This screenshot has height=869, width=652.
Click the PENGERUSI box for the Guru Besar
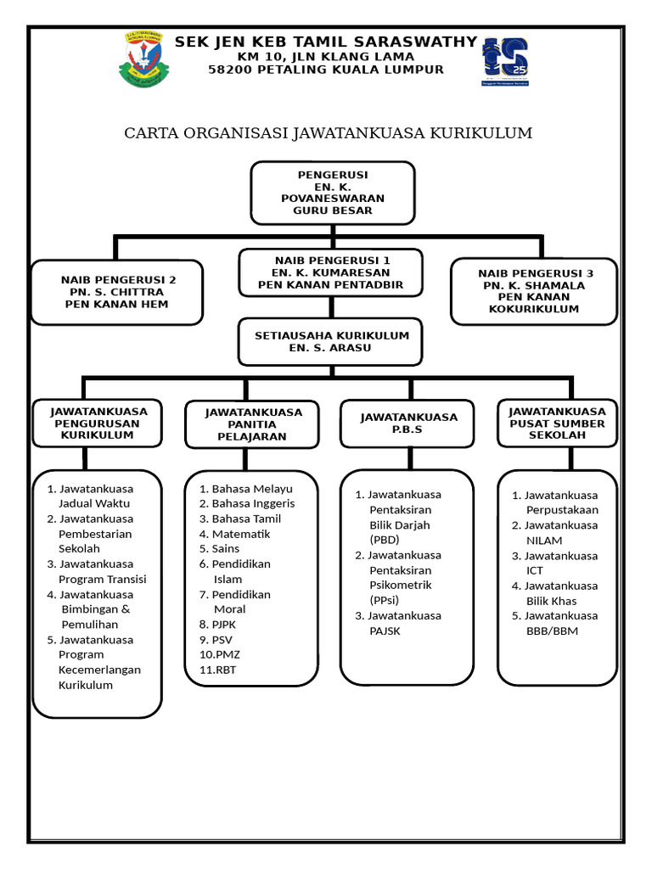click(x=332, y=192)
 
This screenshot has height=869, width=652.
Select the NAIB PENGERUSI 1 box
click(x=331, y=272)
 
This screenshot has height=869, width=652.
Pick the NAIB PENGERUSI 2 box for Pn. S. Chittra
click(x=118, y=292)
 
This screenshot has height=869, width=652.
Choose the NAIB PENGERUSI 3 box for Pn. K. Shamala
click(x=535, y=291)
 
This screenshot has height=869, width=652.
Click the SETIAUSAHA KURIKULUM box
click(x=332, y=341)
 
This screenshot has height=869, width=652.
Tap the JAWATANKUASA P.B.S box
click(x=408, y=423)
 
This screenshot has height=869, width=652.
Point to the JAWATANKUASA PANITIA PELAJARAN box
click(x=245, y=424)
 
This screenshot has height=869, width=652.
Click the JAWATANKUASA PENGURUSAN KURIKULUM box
click(x=97, y=423)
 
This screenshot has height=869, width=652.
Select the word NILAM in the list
click(x=544, y=541)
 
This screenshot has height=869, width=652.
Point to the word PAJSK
click(x=385, y=631)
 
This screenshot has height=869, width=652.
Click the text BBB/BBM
click(x=552, y=631)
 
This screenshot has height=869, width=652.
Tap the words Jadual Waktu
click(x=94, y=503)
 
